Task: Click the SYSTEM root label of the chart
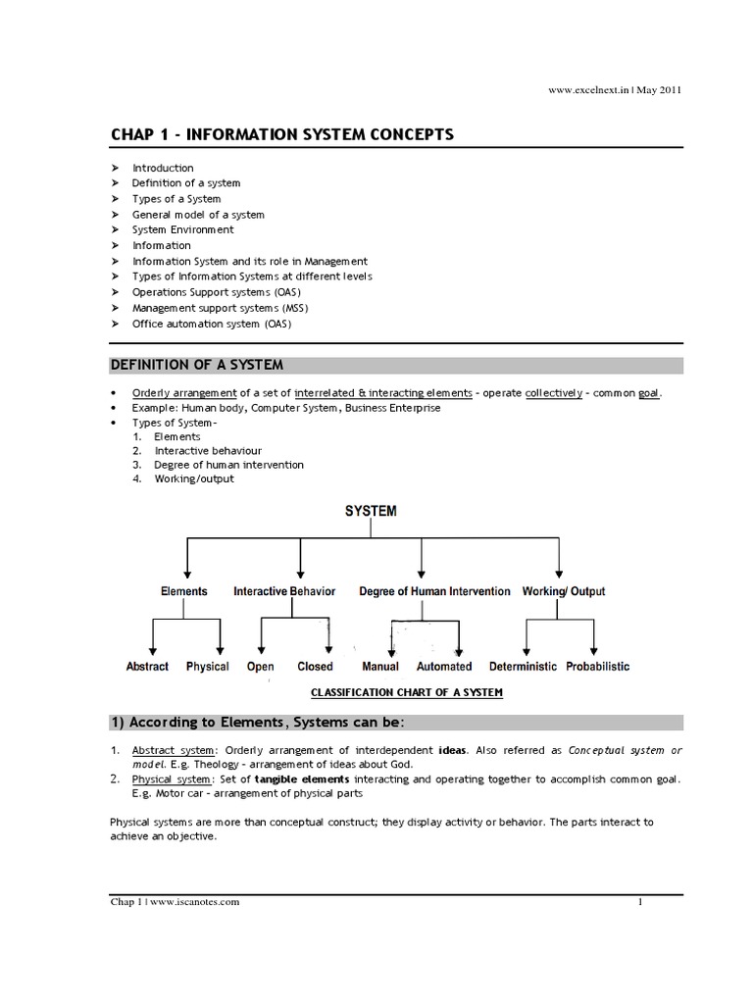click(371, 511)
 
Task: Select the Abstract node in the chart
click(147, 667)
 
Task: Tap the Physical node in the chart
click(207, 667)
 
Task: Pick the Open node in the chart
click(261, 667)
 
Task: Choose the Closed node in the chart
click(315, 667)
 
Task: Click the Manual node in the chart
click(380, 667)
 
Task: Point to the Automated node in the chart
click(444, 667)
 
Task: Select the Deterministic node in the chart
click(523, 667)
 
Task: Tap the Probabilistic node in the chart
click(598, 667)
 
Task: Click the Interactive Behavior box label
click(284, 591)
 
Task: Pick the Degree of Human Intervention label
click(434, 591)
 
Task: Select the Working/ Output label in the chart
click(564, 591)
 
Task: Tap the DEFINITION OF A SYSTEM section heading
click(196, 365)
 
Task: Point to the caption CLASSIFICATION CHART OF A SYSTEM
click(407, 692)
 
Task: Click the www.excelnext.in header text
click(588, 90)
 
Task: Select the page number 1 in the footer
click(639, 903)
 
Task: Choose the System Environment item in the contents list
click(183, 229)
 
